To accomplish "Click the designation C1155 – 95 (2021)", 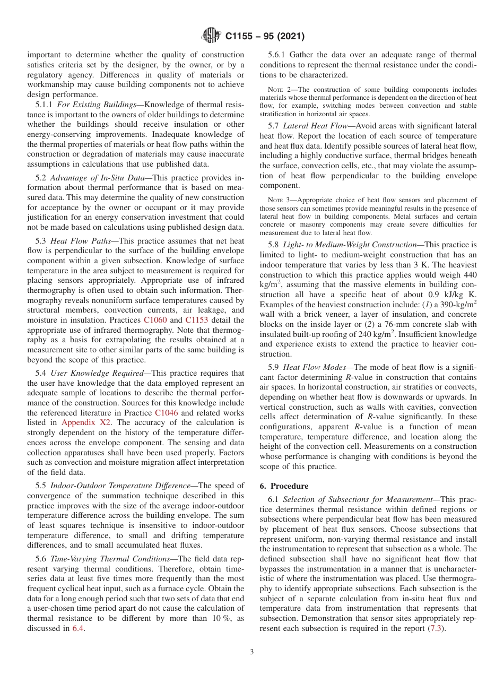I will (x=265, y=37).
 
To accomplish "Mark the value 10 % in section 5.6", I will (x=220, y=619).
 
